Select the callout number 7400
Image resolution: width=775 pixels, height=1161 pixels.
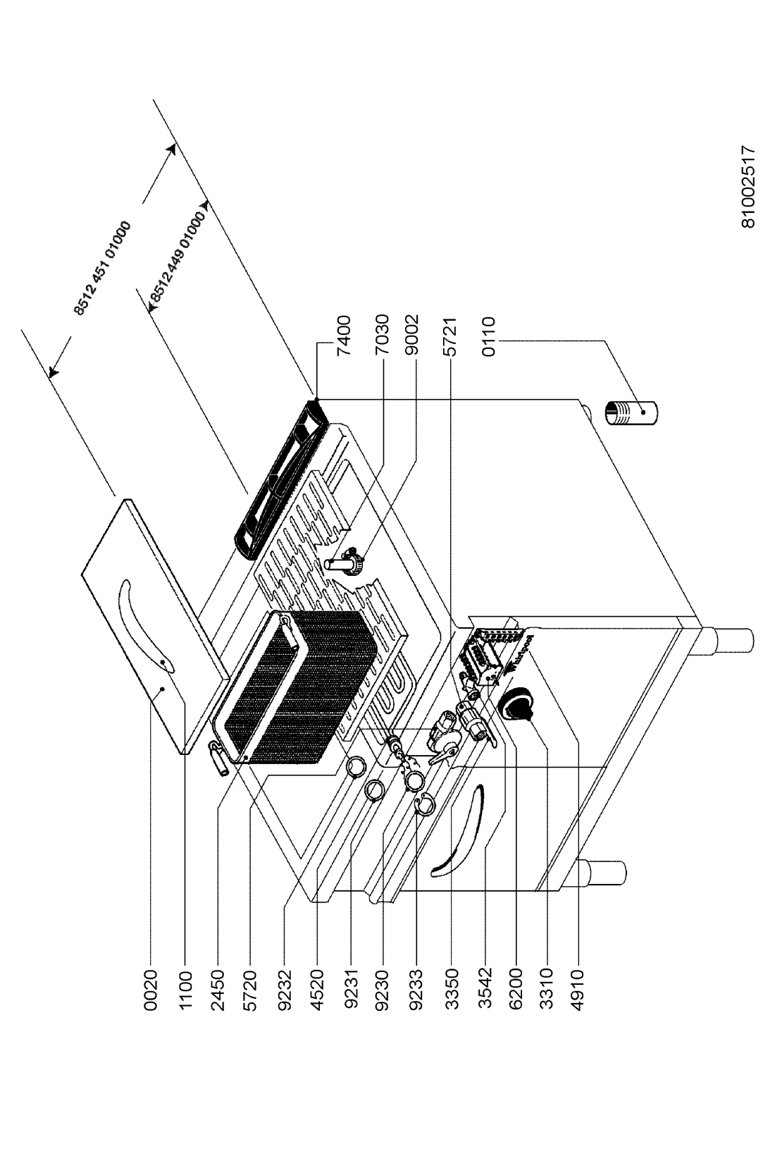344,336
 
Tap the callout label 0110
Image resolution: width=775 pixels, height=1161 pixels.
488,336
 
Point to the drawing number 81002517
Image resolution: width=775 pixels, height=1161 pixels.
748,187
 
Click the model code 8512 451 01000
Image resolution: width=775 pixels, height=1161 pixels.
102,268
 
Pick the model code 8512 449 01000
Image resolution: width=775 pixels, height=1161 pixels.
177,255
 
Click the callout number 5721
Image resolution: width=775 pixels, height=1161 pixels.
449,336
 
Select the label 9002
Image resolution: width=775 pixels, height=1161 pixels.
413,336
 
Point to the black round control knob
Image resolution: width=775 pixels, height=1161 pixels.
514,706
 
